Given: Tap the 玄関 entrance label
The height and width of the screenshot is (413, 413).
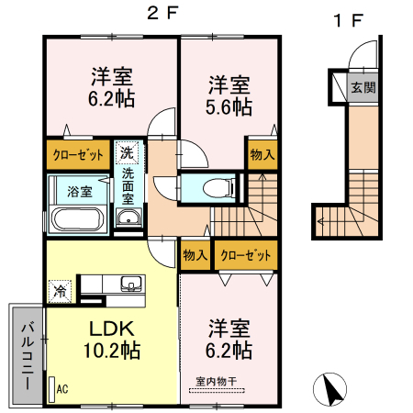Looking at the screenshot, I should click(363, 89).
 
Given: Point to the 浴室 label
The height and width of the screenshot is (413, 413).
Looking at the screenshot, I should click(80, 192).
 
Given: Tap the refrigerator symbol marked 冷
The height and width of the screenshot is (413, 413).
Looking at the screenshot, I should click(60, 291).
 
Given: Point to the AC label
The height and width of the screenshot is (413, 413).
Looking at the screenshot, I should click(61, 389).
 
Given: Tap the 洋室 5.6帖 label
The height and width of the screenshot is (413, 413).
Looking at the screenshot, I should click(228, 95).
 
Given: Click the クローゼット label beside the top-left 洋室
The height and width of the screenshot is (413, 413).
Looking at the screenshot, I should click(77, 153).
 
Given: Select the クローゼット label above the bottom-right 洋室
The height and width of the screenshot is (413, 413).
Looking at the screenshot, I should click(243, 253).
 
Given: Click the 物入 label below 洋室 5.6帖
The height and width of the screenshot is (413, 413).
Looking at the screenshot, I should click(262, 153).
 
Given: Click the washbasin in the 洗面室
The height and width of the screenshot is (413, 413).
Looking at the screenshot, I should click(127, 218).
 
